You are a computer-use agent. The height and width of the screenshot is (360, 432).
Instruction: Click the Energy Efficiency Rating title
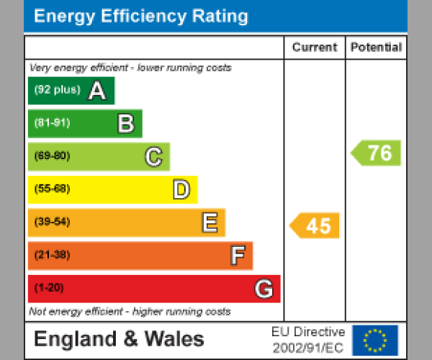141,17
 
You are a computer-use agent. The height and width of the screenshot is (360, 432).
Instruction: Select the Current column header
315,48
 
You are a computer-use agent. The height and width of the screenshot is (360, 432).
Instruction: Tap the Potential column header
376,48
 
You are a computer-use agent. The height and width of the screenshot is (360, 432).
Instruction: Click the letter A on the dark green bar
97,91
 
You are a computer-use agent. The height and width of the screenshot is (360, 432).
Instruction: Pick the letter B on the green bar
126,124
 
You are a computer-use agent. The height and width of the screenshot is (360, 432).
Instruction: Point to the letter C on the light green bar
153,156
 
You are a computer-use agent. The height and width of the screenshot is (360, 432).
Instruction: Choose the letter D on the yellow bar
181,189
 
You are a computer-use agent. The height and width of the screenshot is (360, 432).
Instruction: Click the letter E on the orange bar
210,222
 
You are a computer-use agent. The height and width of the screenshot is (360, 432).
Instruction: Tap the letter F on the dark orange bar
237,256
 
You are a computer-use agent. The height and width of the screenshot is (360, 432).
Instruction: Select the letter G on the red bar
264,289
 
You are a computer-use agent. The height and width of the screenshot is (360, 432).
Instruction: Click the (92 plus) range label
57,91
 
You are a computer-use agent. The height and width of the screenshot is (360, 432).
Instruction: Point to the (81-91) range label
52,123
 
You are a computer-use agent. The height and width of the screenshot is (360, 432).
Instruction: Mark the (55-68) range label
52,189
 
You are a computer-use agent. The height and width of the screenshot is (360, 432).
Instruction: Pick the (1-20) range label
49,289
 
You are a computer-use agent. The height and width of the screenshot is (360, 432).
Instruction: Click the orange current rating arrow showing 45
315,225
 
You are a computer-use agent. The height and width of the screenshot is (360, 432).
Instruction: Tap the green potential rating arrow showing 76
376,153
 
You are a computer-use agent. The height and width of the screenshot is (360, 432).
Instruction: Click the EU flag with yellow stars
374,340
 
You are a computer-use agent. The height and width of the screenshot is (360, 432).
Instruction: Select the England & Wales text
119,339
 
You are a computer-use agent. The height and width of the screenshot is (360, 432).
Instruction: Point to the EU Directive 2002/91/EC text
308,340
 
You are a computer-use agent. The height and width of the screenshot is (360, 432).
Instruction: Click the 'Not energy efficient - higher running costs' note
130,312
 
